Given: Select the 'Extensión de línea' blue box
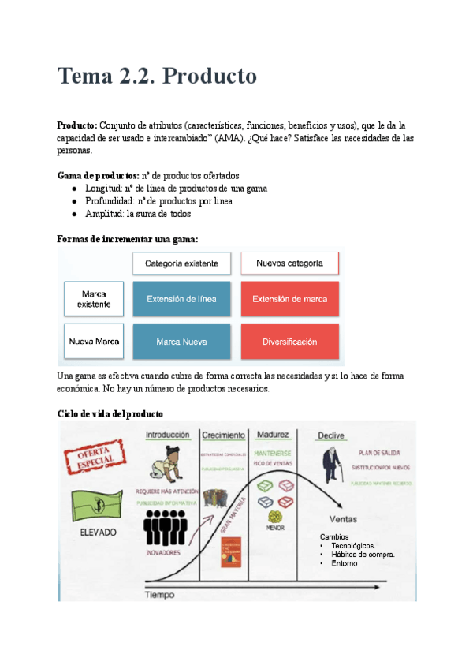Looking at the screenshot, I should [x=181, y=299].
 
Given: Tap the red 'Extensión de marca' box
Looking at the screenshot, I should [x=289, y=299].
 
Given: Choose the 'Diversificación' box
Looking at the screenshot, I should [x=289, y=342].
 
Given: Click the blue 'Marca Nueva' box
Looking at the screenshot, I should [x=181, y=342].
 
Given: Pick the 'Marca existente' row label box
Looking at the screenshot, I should [x=94, y=299].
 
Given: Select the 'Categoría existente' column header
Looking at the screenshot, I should [x=181, y=263].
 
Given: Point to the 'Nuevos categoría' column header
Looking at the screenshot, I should [x=289, y=263].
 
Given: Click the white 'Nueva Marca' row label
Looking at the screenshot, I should [x=94, y=342].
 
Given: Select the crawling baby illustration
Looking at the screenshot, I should [x=168, y=463].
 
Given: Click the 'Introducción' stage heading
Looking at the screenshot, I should [x=167, y=435].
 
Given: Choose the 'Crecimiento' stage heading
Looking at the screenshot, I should [x=223, y=435].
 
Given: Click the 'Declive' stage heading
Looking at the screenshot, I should [x=330, y=435].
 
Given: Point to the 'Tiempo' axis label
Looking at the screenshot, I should [x=158, y=595].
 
